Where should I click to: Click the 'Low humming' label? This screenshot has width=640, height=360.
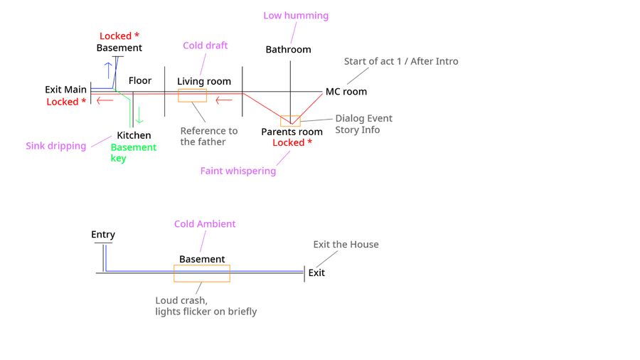click(x=296, y=16)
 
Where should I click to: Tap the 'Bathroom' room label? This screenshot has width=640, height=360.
click(x=288, y=50)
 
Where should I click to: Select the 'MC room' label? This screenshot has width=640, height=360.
click(x=346, y=92)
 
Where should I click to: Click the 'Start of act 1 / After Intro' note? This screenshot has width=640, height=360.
click(x=401, y=61)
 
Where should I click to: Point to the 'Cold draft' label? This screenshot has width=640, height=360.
click(x=205, y=46)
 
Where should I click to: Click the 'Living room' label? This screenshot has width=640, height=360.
click(x=204, y=82)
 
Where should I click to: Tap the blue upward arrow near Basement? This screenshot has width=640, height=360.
click(x=108, y=69)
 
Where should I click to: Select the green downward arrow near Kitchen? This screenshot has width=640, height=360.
click(x=139, y=115)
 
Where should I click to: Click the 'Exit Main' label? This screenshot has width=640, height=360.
click(x=65, y=90)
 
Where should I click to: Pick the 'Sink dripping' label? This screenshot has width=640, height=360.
click(x=56, y=146)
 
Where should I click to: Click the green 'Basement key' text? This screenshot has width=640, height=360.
click(x=133, y=152)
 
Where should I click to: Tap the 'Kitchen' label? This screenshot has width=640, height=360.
click(x=134, y=135)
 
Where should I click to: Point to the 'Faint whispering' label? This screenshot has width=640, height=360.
click(x=238, y=171)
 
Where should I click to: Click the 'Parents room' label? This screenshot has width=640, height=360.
click(x=292, y=132)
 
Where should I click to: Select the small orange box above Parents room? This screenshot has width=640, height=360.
click(x=290, y=120)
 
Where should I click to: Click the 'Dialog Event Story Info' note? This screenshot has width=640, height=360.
click(x=363, y=124)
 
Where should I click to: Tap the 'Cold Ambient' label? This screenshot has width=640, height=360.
click(x=205, y=224)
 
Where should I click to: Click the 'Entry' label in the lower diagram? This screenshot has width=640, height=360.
click(x=103, y=235)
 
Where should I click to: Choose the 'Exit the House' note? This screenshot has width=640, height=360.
click(x=346, y=245)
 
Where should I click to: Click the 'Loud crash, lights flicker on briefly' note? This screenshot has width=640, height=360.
click(x=206, y=306)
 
